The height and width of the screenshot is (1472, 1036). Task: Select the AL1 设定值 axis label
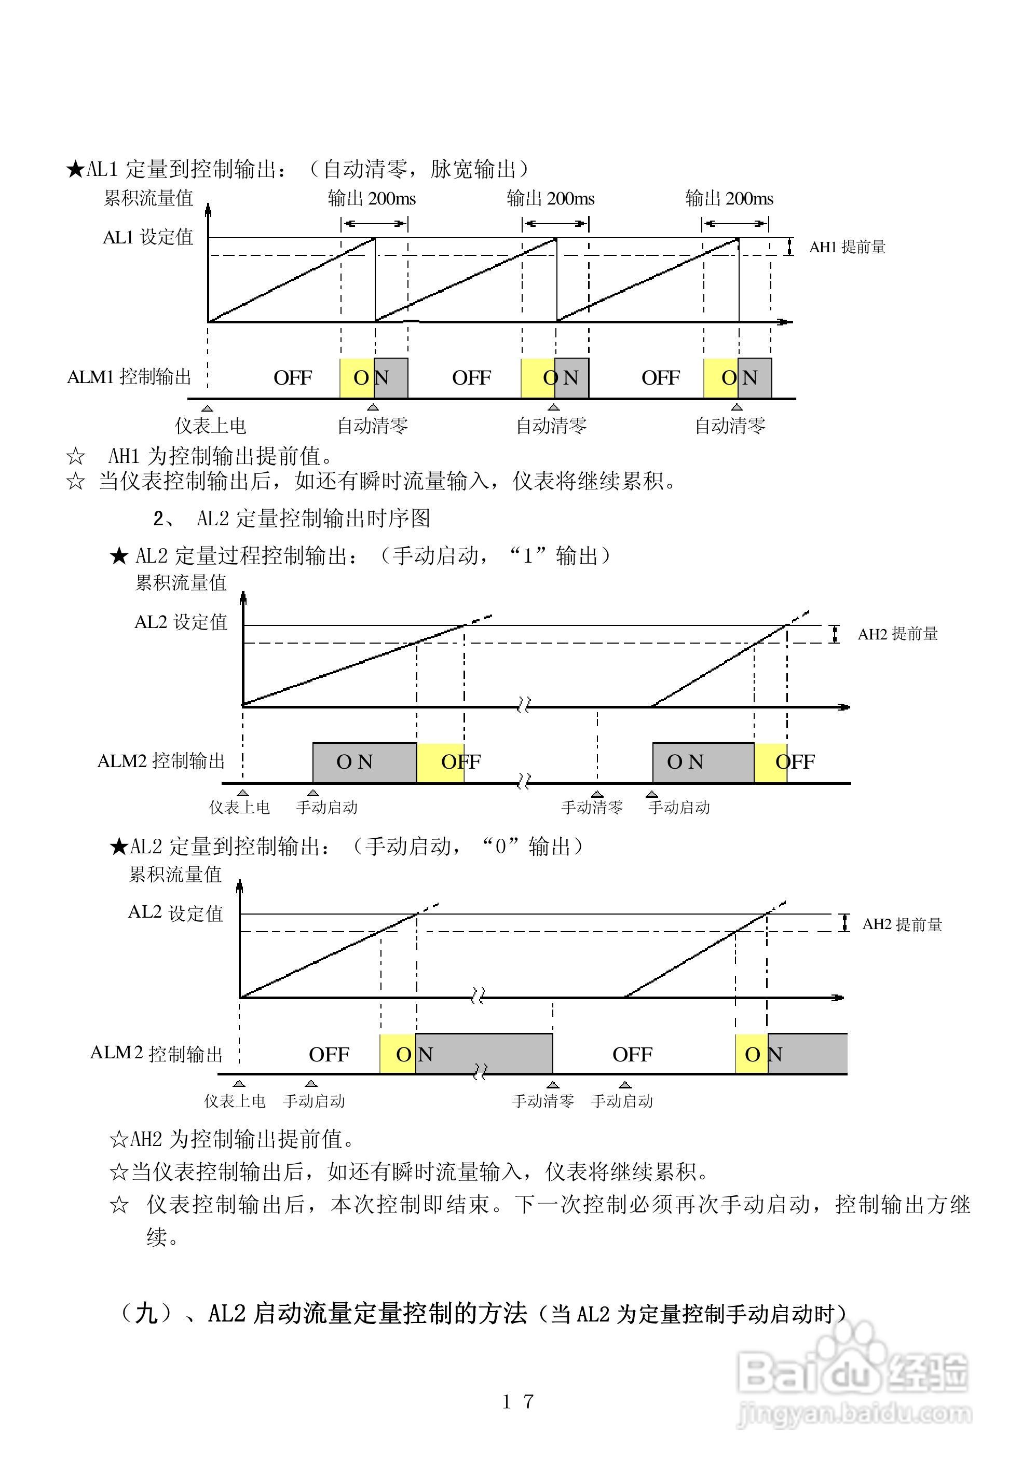tap(147, 237)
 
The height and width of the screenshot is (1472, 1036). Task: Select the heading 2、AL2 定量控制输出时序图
tap(291, 518)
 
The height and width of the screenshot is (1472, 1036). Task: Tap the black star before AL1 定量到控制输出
tap(75, 170)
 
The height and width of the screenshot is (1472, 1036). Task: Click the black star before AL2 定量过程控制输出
tap(119, 556)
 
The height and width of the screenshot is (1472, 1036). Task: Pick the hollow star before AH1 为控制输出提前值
tap(75, 456)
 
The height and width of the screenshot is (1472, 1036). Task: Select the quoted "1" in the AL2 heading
tap(528, 555)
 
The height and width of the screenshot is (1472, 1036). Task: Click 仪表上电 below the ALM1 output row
tap(210, 425)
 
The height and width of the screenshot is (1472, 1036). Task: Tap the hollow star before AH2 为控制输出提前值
tap(119, 1140)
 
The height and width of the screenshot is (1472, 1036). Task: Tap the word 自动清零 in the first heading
tap(365, 169)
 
